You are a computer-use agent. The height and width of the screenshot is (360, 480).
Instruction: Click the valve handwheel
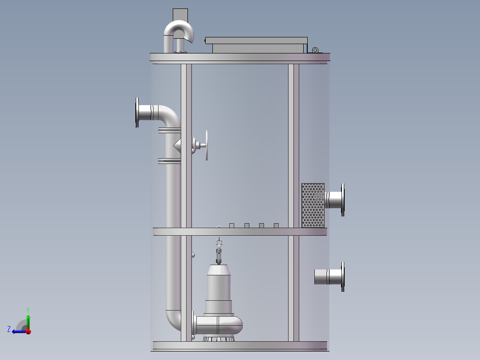coord(207,146)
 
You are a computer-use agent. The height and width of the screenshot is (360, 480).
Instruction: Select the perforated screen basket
coord(313,205)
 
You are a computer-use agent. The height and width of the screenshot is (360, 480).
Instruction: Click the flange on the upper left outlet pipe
coord(137,113)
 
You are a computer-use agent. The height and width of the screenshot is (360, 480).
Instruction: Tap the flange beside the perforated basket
coord(342,200)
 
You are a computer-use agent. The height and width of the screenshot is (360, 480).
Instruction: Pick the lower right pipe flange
coord(342,277)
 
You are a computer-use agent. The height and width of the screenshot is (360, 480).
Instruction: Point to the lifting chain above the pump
coord(219,252)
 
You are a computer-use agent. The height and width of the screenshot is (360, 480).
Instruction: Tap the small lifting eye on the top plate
coord(315,50)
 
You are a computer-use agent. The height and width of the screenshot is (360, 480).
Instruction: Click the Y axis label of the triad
coord(28,309)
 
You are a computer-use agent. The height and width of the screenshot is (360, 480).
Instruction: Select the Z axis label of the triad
coord(9,329)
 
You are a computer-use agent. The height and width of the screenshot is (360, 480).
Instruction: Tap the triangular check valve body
coord(177,144)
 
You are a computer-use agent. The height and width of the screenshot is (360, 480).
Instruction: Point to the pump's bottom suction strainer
coord(219,339)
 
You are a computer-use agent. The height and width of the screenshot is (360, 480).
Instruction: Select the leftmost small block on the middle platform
coord(231,225)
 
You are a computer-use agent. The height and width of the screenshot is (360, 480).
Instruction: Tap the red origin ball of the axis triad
coord(28,331)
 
